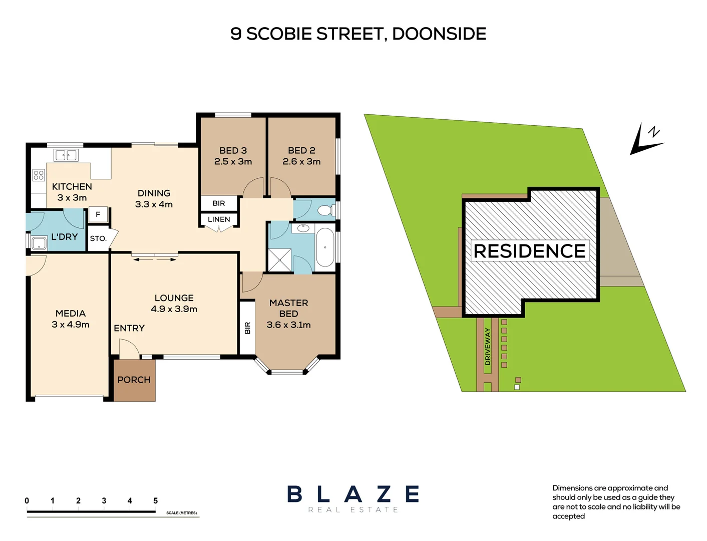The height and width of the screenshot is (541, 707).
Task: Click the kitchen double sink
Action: click(66, 155)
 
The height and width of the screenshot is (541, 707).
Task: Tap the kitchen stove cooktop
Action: click(39, 175)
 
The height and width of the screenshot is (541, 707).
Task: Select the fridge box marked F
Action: click(98, 214)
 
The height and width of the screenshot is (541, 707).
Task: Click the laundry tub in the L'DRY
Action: click(39, 243)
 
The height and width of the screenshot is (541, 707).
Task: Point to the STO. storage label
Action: click(98, 238)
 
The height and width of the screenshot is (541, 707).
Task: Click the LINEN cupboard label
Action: click(219, 219)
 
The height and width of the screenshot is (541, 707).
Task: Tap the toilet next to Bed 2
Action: click(325, 210)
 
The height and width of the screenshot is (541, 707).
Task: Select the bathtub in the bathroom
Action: click(324, 247)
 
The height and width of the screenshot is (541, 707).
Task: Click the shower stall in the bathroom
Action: click(279, 259)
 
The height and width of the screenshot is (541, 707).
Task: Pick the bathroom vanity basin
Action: click(303, 228)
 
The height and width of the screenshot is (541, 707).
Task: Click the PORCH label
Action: click(134, 380)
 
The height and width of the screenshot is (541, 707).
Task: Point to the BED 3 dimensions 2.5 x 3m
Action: click(233, 161)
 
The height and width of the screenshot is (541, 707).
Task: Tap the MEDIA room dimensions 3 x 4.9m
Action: click(71, 325)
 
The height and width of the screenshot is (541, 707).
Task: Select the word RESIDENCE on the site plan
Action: click(530, 251)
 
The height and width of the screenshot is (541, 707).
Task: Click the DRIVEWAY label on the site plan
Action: click(488, 346)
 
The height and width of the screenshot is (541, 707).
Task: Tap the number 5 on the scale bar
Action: click(156, 501)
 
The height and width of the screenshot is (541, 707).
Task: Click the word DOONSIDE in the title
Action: click(439, 34)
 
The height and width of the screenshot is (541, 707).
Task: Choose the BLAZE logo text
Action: click(353, 494)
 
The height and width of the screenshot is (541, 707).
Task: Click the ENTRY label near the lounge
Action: click(129, 328)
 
